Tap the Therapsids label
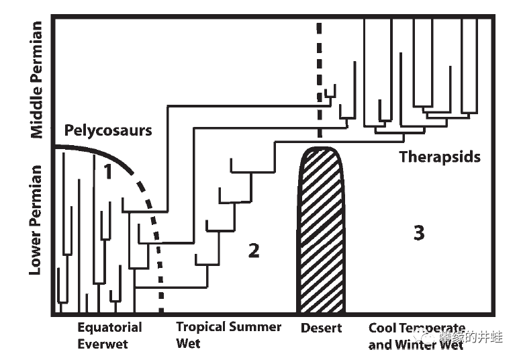(x=440, y=157)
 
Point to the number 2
(x=253, y=251)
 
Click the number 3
(x=419, y=233)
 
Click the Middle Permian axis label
(x=36, y=79)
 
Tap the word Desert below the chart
(x=321, y=328)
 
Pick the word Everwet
(x=102, y=345)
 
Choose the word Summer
(x=256, y=327)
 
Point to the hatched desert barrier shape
(x=320, y=232)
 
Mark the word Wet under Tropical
(x=188, y=344)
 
